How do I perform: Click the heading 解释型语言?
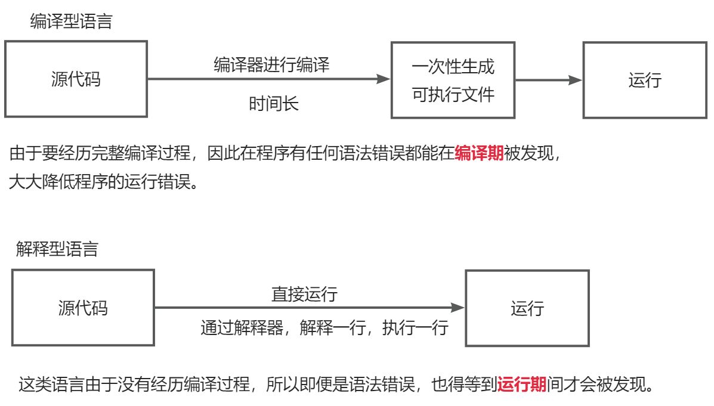pyautogui.click(x=57, y=249)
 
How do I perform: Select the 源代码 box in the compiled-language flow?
pyautogui.click(x=76, y=79)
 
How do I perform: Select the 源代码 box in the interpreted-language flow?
pyautogui.click(x=83, y=308)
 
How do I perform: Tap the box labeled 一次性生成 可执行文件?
pyautogui.click(x=453, y=80)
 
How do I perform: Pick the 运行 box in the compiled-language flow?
pyautogui.click(x=645, y=80)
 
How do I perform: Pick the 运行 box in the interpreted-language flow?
pyautogui.click(x=527, y=308)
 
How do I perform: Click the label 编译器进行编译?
pyautogui.click(x=271, y=64)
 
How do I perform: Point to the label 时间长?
pyautogui.click(x=273, y=104)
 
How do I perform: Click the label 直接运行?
pyautogui.click(x=304, y=294)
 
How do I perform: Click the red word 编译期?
pyautogui.click(x=479, y=154)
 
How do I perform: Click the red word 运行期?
pyautogui.click(x=522, y=384)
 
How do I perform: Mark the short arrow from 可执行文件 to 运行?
pyautogui.click(x=548, y=80)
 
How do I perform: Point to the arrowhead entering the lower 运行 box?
pyautogui.click(x=458, y=308)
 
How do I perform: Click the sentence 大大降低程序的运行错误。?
pyautogui.click(x=103, y=181)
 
